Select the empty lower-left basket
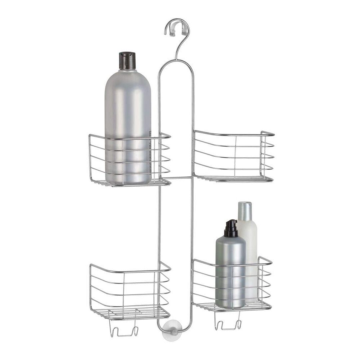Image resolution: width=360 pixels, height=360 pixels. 130,290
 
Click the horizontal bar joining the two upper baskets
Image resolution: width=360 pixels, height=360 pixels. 182,177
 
